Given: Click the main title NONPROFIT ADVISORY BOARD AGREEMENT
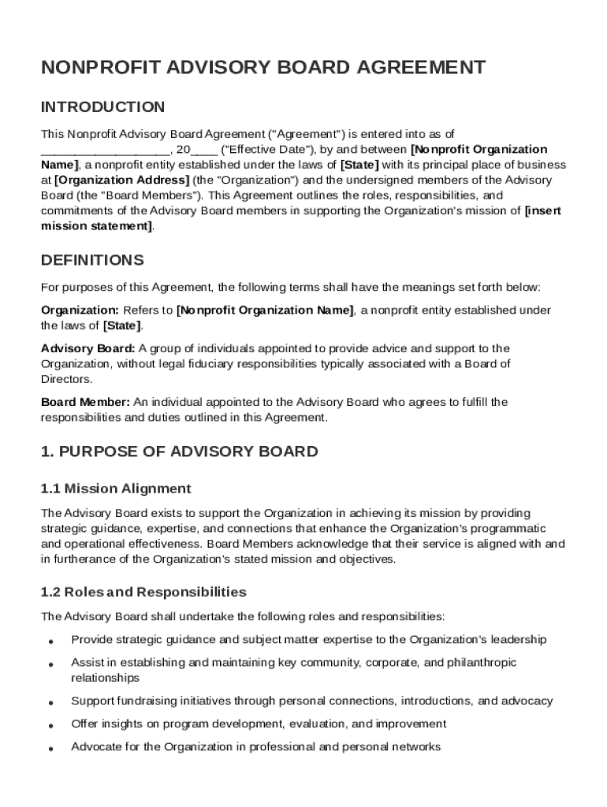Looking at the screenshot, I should coord(263,68).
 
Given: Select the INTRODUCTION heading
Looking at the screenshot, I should coord(103,106).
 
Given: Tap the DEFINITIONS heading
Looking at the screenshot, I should coord(92,260).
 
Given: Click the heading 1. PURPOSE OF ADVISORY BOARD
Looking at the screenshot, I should coord(180,452).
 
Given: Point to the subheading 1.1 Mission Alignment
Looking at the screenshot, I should coord(116,489).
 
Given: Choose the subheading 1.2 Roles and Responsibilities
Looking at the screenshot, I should coord(143,592).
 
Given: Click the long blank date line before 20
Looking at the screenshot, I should coord(105,150).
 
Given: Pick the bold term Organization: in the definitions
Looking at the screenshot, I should coord(80,311).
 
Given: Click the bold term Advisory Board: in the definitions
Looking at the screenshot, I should coord(88,348).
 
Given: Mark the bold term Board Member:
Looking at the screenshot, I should coord(85,402).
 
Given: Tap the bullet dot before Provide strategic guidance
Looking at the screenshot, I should coord(50,642).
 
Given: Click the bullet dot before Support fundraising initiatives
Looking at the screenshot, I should coord(50,702).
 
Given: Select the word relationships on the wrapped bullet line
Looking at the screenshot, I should coord(105,678).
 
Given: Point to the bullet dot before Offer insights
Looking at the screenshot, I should coord(50,725).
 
